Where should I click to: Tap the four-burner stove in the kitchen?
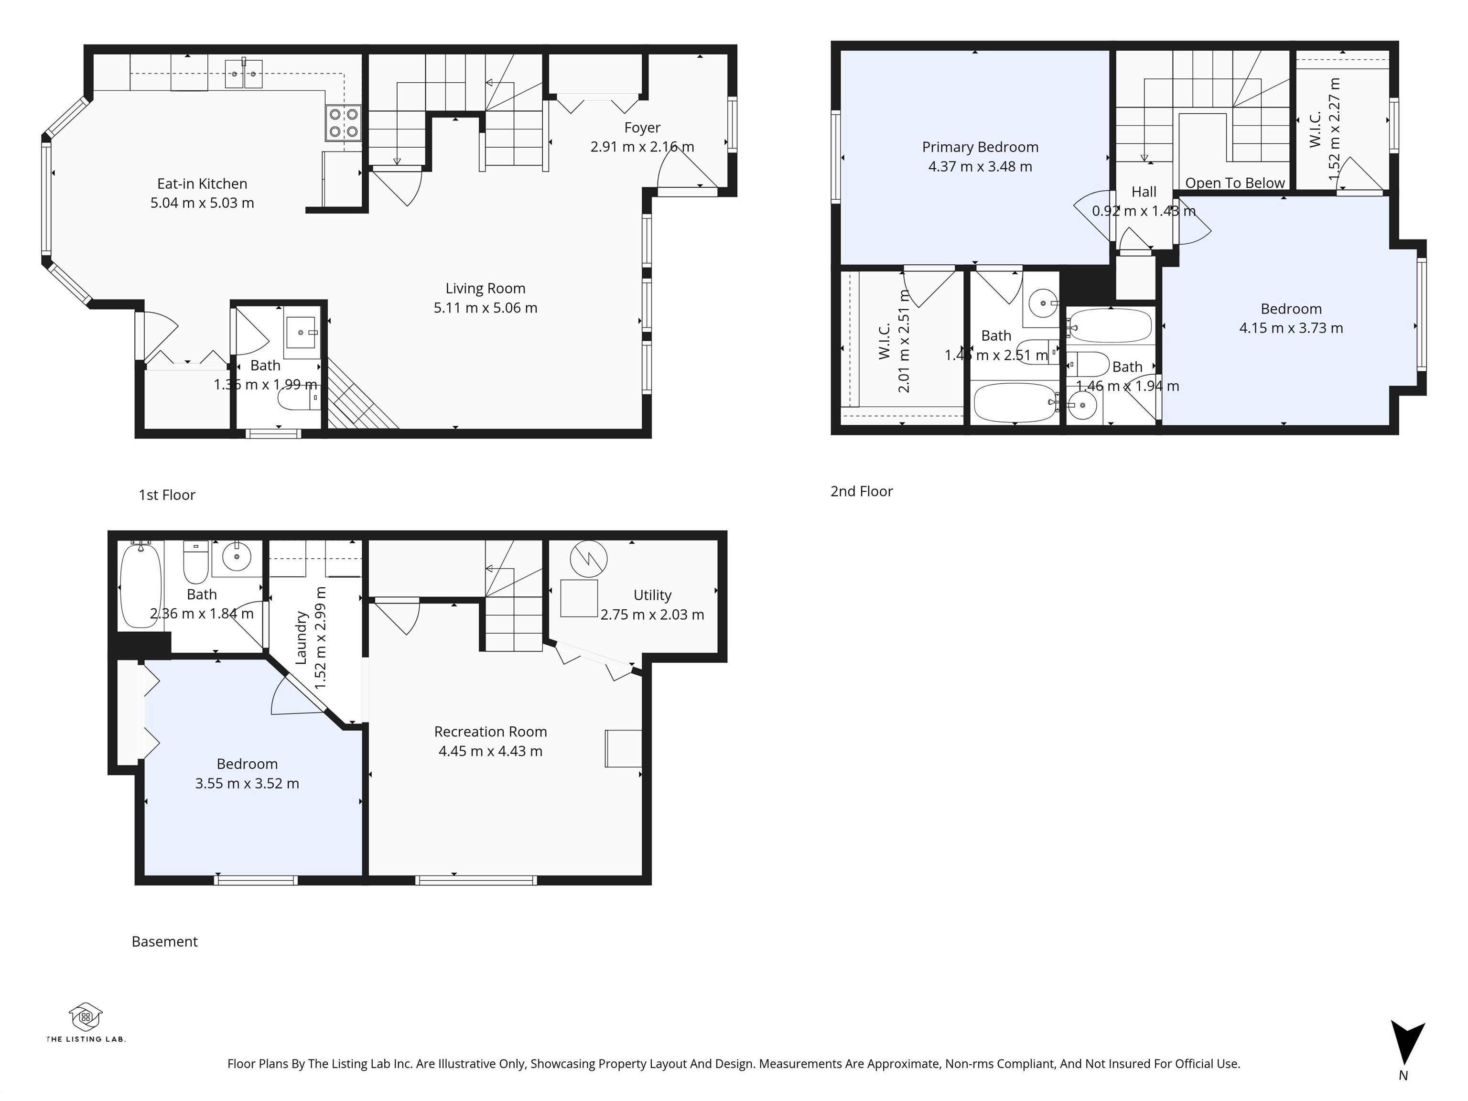(x=344, y=123)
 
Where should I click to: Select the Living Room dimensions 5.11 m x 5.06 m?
(x=485, y=308)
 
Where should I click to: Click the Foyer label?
(x=642, y=128)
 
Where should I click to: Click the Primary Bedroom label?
(x=980, y=147)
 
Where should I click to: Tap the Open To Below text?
(x=1234, y=183)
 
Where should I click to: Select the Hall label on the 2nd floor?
(x=1144, y=192)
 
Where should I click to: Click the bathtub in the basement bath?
(x=140, y=585)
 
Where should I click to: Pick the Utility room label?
(x=652, y=595)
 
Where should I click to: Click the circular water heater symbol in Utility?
(x=588, y=559)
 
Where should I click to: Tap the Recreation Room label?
(x=490, y=731)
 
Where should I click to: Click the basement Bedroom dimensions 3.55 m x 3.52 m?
(x=247, y=784)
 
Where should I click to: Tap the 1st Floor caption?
(x=167, y=495)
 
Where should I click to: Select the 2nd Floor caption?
(x=862, y=492)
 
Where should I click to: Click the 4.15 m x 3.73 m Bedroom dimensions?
(x=1291, y=328)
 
